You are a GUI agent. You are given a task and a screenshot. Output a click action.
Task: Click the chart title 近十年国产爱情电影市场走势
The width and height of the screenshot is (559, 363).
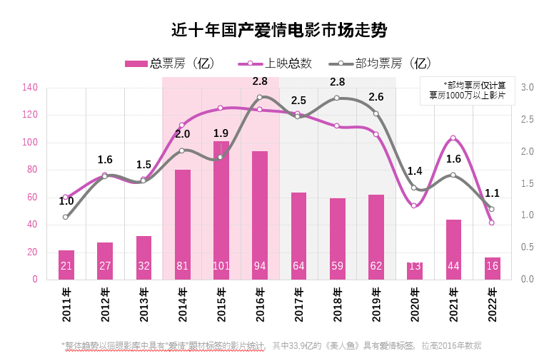tap(279, 30)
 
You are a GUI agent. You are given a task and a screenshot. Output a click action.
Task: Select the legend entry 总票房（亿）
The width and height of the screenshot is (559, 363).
tap(169, 63)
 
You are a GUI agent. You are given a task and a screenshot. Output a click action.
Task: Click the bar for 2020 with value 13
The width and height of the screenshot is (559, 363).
tap(415, 271)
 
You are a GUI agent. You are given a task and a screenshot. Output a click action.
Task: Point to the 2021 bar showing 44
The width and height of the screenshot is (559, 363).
tap(453, 250)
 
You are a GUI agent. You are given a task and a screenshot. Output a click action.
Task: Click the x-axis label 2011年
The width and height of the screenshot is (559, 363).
tap(66, 304)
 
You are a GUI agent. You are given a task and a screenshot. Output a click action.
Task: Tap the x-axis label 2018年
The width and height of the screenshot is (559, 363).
tap(338, 304)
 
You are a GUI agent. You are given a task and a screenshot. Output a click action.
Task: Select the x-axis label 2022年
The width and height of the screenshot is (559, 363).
tap(493, 304)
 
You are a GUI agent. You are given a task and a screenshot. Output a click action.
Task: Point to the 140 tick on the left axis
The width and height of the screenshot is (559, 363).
tap(30, 88)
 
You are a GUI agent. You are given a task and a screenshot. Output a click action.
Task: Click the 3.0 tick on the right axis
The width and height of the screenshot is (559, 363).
tap(528, 88)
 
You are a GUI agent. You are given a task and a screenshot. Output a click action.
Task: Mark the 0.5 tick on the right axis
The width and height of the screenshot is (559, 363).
tap(528, 247)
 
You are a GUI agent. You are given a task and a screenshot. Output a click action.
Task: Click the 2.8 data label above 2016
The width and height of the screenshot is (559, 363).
tap(260, 81)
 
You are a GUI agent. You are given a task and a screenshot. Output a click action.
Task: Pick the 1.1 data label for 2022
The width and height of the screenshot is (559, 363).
tap(492, 193)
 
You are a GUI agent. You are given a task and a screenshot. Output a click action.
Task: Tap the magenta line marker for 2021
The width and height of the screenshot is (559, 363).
tap(453, 138)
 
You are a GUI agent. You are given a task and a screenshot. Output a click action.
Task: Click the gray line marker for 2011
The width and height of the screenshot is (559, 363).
tap(66, 217)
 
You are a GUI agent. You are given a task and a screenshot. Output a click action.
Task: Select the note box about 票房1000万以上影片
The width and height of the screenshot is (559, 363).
tap(467, 90)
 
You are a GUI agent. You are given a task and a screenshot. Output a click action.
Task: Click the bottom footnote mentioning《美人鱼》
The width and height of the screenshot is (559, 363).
tap(271, 346)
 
